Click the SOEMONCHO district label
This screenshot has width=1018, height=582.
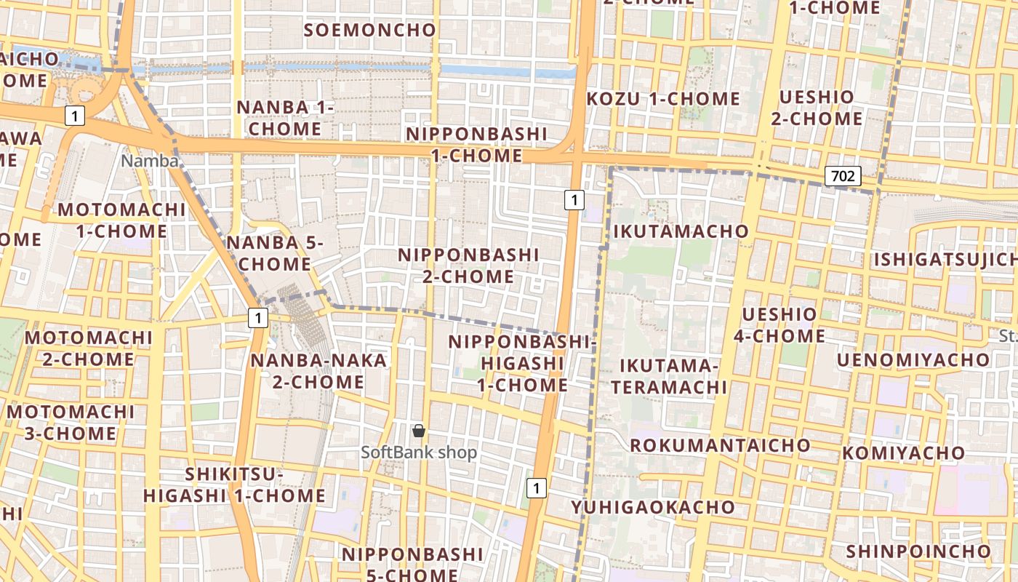(370, 30)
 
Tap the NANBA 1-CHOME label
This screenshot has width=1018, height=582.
(284, 118)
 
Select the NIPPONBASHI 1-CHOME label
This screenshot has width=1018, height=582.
(476, 145)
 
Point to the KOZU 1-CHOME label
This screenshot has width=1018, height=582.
(663, 99)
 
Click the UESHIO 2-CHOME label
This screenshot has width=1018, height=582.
(817, 108)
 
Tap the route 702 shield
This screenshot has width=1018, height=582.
(843, 175)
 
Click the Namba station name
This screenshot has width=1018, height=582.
(150, 161)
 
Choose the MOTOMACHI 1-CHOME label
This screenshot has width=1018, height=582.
(122, 220)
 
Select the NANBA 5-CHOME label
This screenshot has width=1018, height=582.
(274, 252)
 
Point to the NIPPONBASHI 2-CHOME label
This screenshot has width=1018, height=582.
(468, 266)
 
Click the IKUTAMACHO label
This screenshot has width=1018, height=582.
(681, 231)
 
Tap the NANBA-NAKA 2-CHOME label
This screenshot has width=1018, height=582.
(318, 371)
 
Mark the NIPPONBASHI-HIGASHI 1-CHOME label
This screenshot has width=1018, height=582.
(522, 363)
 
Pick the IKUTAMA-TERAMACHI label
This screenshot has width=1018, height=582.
(669, 376)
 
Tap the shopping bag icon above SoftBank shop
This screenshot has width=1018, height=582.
(419, 431)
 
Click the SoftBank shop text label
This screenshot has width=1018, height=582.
(419, 453)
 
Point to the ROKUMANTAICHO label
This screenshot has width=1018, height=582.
(720, 445)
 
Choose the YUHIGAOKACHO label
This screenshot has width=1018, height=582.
(652, 507)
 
